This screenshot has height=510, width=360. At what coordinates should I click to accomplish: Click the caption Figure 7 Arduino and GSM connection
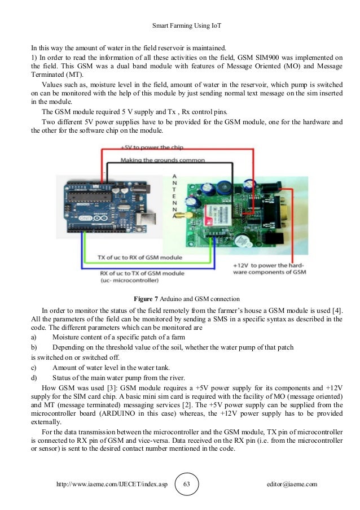(179, 298)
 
